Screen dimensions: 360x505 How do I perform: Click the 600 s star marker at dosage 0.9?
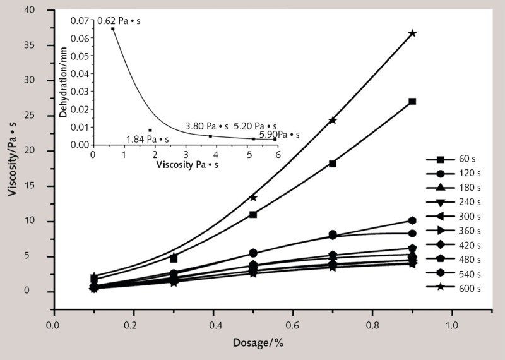(x=412, y=33)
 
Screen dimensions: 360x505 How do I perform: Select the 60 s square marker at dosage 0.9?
(x=412, y=101)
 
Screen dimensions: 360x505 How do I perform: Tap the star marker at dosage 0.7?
(x=333, y=120)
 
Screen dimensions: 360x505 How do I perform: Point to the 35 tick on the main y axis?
(x=40, y=45)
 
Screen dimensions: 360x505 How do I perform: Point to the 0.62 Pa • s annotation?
(x=118, y=21)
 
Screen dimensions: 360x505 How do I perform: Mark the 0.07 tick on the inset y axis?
(x=82, y=21)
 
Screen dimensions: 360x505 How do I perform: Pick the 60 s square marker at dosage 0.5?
(x=253, y=214)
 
